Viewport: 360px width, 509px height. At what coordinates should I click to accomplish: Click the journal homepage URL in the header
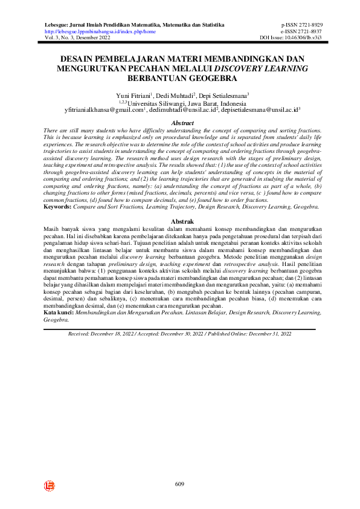click(x=100, y=31)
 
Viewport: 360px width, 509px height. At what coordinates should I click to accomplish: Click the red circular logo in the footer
click(x=49, y=485)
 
